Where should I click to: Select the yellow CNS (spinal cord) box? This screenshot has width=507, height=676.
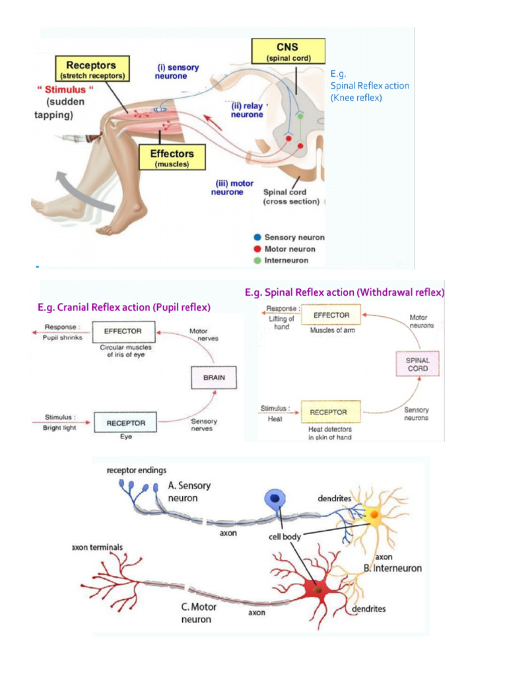click(x=287, y=51)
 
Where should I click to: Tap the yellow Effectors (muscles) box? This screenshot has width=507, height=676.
click(x=172, y=158)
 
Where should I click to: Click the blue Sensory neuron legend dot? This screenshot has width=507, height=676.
click(x=257, y=237)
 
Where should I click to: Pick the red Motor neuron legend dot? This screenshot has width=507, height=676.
click(x=257, y=249)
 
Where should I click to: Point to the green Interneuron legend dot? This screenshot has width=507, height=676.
click(x=257, y=261)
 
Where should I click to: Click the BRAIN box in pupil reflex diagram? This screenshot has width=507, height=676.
click(x=213, y=378)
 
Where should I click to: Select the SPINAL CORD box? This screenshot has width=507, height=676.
click(x=417, y=364)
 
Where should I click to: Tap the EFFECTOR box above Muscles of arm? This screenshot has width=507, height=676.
click(x=331, y=316)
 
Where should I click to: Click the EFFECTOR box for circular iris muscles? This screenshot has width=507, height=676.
click(x=125, y=331)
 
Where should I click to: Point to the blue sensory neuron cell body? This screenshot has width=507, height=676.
click(x=273, y=500)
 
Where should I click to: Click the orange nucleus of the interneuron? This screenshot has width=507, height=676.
click(x=374, y=514)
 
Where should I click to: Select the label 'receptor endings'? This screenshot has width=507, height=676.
click(x=135, y=470)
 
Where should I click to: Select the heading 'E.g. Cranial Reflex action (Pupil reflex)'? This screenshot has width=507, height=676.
click(x=124, y=307)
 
